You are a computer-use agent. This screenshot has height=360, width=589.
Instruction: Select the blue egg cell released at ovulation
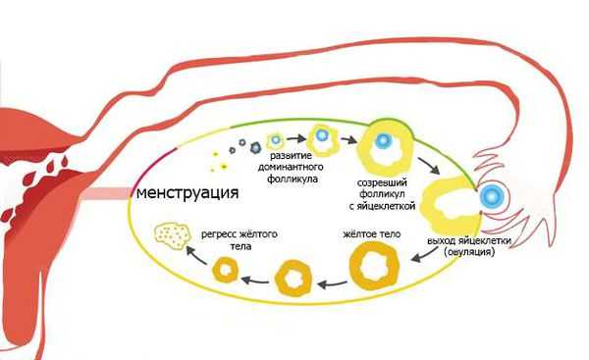pyautogui.click(x=488, y=196)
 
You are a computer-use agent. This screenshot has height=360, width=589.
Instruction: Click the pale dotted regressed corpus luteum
pyautogui.click(x=172, y=236)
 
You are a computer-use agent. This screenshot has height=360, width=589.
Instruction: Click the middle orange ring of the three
pyautogui.click(x=295, y=279)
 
